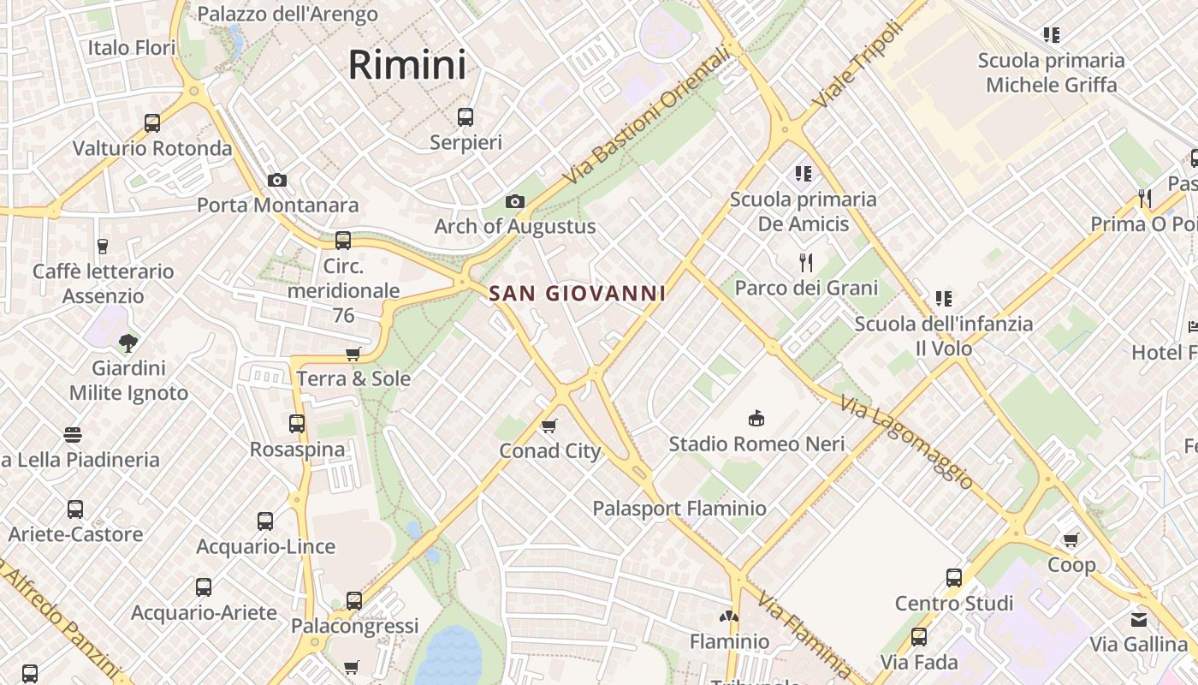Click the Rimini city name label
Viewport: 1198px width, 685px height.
point(407,65)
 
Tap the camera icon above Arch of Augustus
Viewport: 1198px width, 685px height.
point(514,201)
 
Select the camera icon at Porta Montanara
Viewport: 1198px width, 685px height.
point(276,180)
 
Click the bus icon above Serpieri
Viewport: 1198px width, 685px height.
point(466,117)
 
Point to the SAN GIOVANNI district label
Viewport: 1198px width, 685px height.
point(577,294)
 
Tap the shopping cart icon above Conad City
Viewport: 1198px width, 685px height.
point(549,426)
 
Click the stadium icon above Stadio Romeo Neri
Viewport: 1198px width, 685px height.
point(756,419)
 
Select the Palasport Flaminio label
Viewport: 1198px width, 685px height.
point(679,509)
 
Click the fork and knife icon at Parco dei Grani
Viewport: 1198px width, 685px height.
point(805,262)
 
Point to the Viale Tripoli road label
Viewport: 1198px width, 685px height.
point(857,65)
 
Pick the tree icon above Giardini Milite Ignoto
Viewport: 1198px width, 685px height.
point(128,343)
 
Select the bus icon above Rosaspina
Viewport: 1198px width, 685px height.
point(297,424)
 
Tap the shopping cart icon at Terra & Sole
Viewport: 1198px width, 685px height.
point(353,354)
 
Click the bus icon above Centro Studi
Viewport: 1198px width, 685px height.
point(954,578)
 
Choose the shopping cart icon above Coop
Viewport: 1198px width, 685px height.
point(1070,539)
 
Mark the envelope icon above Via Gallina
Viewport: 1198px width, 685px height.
point(1138,619)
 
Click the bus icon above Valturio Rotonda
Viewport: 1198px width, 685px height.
point(152,123)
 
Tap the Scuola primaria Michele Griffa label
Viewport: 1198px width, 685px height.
point(1052,73)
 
